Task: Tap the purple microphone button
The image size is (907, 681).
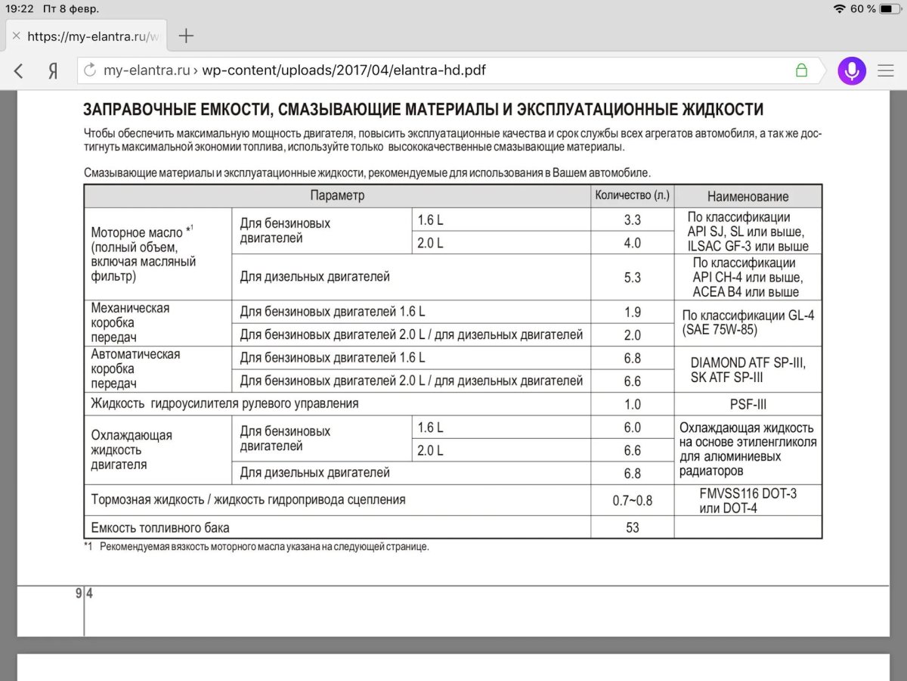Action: [x=852, y=70]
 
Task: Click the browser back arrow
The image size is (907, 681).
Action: [x=19, y=71]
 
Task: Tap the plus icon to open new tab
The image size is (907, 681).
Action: [x=186, y=36]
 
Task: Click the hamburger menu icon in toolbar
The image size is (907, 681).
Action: [x=885, y=71]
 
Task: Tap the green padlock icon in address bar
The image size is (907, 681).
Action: [x=801, y=70]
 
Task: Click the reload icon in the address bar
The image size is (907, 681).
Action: [x=91, y=71]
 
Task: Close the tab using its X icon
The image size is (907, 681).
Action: [x=16, y=36]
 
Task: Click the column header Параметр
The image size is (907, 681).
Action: [x=337, y=196]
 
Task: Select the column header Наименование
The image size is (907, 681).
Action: [x=748, y=197]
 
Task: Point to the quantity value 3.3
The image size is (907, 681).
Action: [x=632, y=220]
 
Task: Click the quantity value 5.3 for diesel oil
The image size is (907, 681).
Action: [x=632, y=278]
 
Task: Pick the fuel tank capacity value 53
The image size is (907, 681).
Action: [x=632, y=527]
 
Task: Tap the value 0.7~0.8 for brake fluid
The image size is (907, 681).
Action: [x=632, y=501]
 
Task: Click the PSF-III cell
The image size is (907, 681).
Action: [x=748, y=404]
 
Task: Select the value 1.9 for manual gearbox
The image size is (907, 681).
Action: [x=632, y=312]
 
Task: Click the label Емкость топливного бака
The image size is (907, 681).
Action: [x=160, y=527]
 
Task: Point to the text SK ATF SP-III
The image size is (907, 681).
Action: [x=726, y=378]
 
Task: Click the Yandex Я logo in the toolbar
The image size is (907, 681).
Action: [x=53, y=71]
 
